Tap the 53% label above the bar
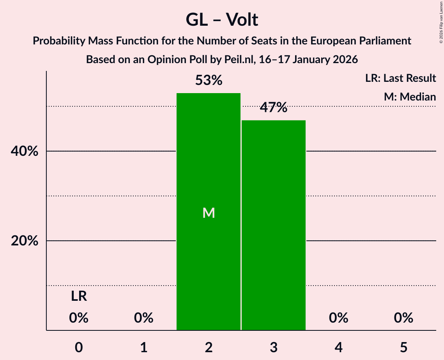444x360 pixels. coord(209,81)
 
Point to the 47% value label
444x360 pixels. coord(274,108)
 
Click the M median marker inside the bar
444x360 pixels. coord(209,213)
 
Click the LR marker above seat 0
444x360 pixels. coord(79,297)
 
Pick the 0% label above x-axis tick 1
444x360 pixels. coord(143,318)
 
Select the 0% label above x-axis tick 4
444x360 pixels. coord(338,318)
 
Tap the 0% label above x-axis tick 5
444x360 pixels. coord(403,318)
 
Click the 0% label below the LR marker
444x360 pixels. coord(79,318)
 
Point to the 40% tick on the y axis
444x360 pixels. coord(24,151)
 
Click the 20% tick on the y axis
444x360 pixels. coord(24,241)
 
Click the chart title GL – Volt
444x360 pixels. coord(222,20)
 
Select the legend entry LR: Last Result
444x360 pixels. coord(400,78)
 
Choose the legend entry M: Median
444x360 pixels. coord(410,97)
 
